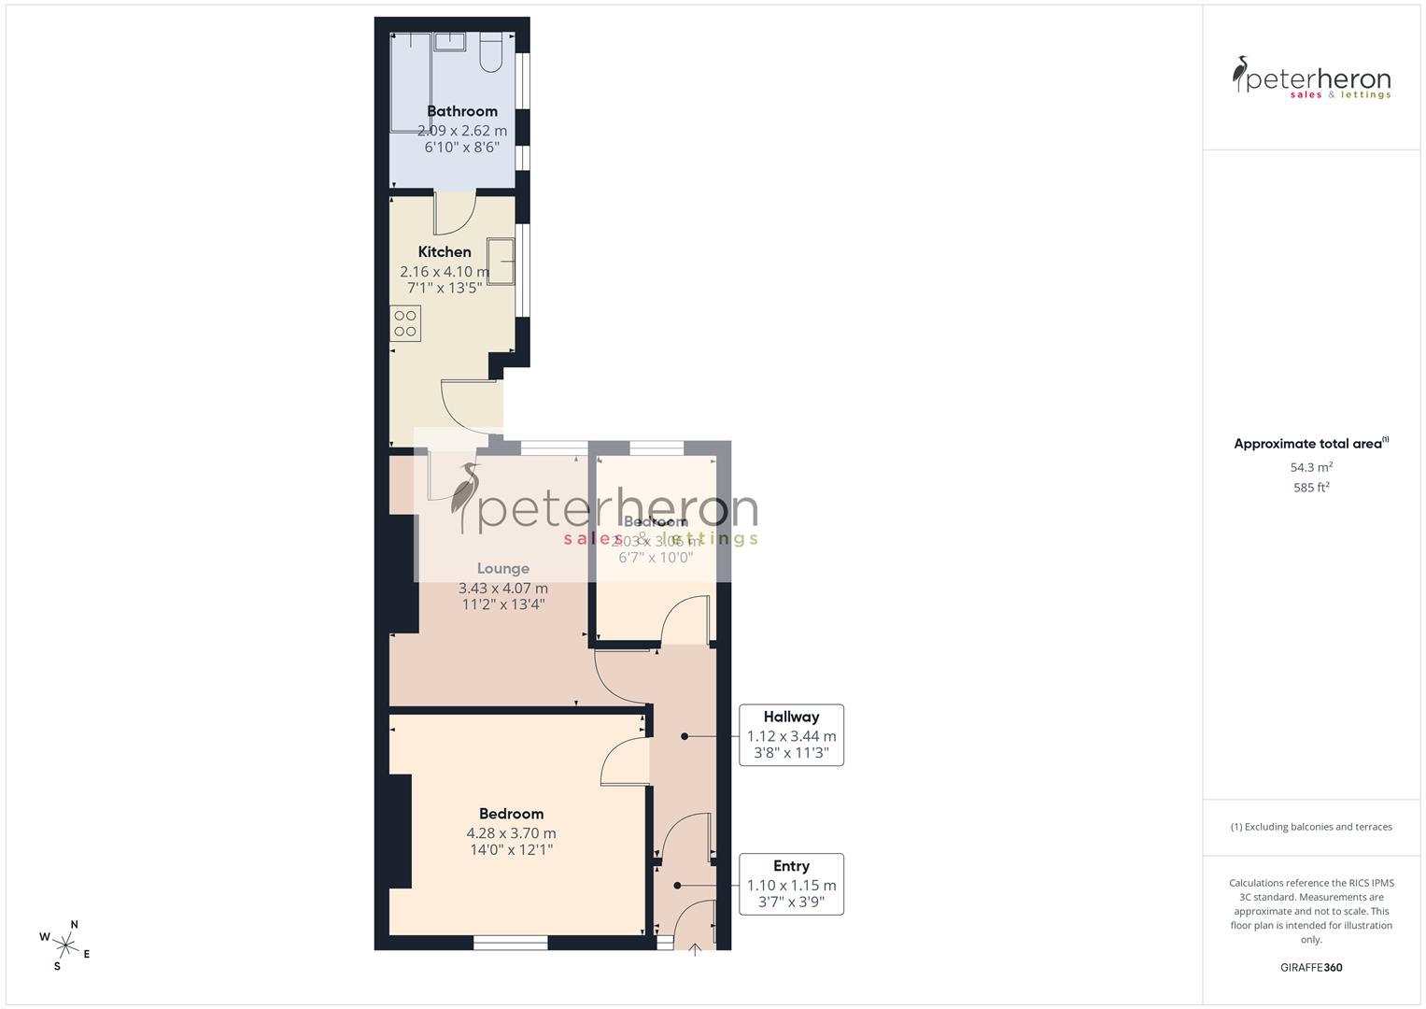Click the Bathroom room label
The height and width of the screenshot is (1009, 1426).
click(462, 111)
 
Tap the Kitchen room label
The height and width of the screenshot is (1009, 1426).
click(445, 251)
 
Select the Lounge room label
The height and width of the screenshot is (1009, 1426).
click(503, 568)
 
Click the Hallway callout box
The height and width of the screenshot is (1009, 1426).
click(791, 735)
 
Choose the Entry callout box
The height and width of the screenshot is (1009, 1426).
click(791, 884)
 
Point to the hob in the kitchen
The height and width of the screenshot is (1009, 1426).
click(405, 323)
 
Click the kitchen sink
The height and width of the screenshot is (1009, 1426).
click(501, 261)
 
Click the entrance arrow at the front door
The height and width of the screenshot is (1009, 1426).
click(695, 950)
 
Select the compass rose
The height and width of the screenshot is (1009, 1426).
click(64, 943)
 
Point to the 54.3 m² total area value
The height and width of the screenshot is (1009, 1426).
click(1311, 467)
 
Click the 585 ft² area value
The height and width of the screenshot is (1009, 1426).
click(1311, 488)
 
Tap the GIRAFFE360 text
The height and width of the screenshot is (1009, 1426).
click(1311, 968)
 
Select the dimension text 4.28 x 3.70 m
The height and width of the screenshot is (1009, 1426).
click(511, 833)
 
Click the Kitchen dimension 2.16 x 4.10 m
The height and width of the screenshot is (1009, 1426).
click(445, 272)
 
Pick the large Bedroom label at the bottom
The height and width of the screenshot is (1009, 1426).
click(511, 814)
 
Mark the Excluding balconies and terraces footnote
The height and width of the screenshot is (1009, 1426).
click(1311, 827)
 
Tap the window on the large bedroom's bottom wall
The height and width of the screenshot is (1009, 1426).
click(510, 944)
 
